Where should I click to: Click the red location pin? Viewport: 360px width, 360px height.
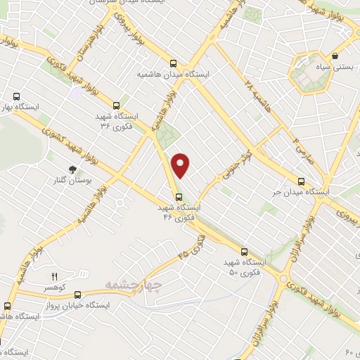point(181,165)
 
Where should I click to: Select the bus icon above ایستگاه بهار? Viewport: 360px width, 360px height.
point(17,97)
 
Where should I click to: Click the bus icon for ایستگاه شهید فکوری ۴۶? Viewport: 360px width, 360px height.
point(178,197)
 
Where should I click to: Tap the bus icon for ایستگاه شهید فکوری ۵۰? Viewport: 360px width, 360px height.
point(244,251)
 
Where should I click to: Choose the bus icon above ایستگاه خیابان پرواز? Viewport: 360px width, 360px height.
point(77,294)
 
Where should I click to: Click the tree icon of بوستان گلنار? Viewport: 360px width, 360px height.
point(72,169)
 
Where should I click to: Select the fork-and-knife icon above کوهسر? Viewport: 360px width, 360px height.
point(55,277)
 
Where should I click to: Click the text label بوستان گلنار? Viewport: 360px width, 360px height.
point(71,181)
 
